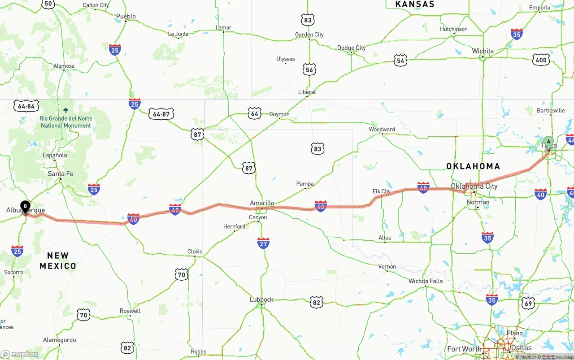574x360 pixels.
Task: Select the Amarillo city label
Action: coord(262,203)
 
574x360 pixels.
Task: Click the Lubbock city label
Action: coord(261,299)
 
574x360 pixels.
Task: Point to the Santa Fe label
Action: coord(61,174)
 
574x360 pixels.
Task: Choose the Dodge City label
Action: coord(351,48)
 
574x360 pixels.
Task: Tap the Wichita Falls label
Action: coord(425,281)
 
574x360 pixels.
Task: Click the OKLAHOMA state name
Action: coord(473,166)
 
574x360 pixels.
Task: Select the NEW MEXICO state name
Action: coord(58,260)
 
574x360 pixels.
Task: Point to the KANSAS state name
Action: coord(414,4)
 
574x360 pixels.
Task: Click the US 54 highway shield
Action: coord(400,61)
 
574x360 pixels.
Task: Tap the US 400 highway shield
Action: coord(541,60)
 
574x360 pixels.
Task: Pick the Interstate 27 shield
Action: coord(264,243)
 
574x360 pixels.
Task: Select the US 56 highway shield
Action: coord(309,69)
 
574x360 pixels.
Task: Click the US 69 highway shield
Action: coord(528,304)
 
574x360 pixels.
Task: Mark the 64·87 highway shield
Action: coord(161,114)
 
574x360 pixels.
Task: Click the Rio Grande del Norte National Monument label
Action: coord(65,122)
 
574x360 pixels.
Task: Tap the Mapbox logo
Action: coord(20,354)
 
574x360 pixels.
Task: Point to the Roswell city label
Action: coord(130,311)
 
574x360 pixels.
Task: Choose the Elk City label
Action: coord(381,191)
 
